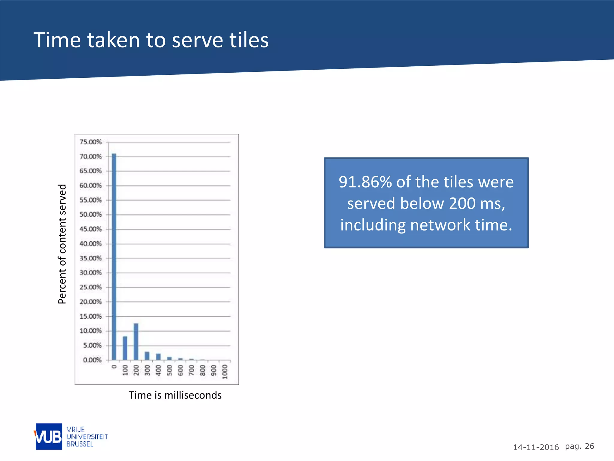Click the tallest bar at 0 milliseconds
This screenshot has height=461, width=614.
click(x=114, y=257)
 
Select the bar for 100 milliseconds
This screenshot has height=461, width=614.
click(x=125, y=348)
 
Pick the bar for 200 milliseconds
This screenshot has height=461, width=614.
click(x=136, y=342)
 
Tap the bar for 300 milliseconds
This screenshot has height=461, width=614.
click(x=147, y=356)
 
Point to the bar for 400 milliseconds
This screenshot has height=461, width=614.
click(x=158, y=357)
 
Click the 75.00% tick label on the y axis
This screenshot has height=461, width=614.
click(x=91, y=142)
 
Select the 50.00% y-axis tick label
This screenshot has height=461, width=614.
click(x=91, y=215)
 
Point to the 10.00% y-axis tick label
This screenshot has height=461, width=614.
click(x=91, y=331)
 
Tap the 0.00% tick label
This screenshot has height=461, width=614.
click(x=92, y=360)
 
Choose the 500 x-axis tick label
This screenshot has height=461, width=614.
click(x=169, y=370)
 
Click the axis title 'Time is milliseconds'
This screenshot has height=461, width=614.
click(x=175, y=395)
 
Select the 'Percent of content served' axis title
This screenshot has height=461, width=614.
click(x=62, y=244)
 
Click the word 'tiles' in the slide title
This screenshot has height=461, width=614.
click(x=249, y=40)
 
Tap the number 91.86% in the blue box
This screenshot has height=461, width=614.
click(x=365, y=182)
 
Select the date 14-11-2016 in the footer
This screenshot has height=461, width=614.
click(x=536, y=447)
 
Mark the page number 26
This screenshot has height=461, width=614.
click(x=589, y=446)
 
